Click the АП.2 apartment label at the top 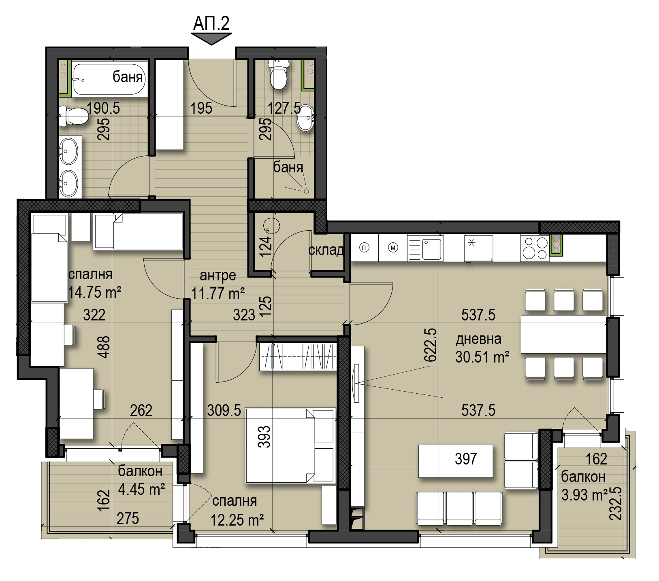pos(211,23)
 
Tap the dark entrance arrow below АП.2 pos(211,39)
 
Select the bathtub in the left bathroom pos(109,78)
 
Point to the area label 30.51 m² pos(482,357)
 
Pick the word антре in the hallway pos(218,276)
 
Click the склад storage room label pos(326,250)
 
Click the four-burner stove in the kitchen pos(535,247)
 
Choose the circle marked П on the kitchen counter pos(365,248)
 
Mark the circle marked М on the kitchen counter pos(393,248)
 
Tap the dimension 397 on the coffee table pos(466,459)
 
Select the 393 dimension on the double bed pos(264,437)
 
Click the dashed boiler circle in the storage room pos(271,225)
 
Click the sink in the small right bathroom pos(305,118)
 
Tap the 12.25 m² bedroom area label pos(237,519)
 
